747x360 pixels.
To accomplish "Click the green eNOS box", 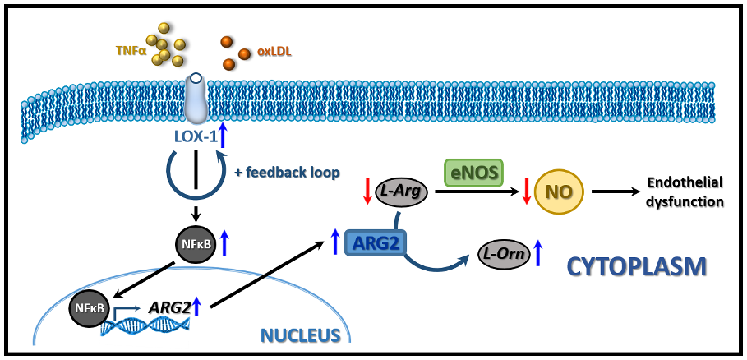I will (473, 172).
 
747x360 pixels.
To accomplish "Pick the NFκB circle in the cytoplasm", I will (195, 243).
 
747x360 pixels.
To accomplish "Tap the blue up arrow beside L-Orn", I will (538, 252).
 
